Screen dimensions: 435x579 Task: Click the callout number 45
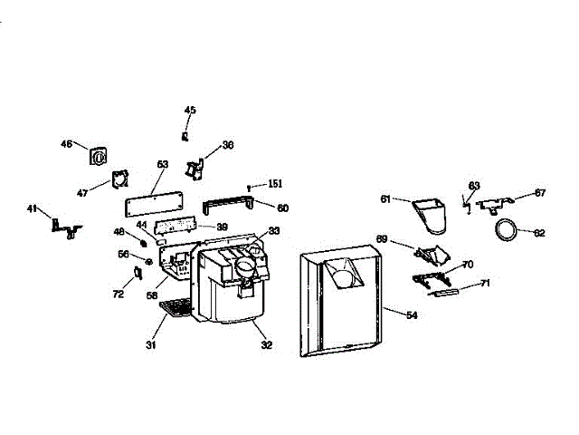(190, 111)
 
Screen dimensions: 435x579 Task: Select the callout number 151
(275, 183)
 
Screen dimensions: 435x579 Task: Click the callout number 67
(540, 192)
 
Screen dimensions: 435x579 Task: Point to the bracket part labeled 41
(66, 226)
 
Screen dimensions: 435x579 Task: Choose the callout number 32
(266, 345)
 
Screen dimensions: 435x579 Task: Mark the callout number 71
(485, 284)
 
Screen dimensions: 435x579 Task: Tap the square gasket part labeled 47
(119, 179)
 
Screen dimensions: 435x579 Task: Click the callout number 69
(382, 239)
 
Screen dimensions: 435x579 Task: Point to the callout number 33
(274, 230)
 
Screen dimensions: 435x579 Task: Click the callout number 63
(473, 186)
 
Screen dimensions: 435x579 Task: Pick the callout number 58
(152, 295)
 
